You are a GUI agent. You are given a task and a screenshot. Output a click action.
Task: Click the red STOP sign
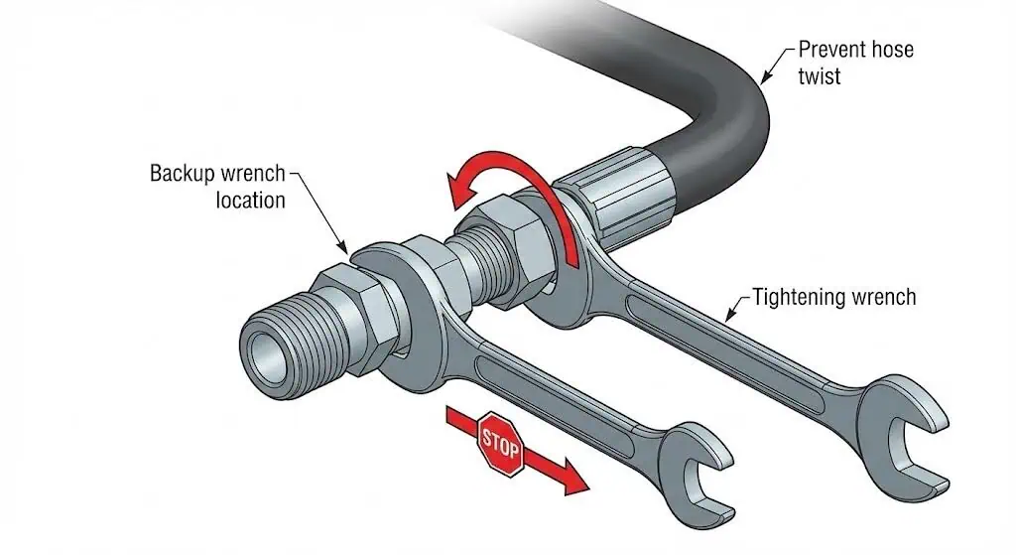point(500,443)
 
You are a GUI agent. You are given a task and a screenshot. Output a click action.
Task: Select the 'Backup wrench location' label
point(218,186)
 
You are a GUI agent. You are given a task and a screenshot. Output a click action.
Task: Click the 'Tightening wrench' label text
point(833,296)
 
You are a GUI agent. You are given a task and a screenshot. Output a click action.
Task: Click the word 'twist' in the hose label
point(820,75)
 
